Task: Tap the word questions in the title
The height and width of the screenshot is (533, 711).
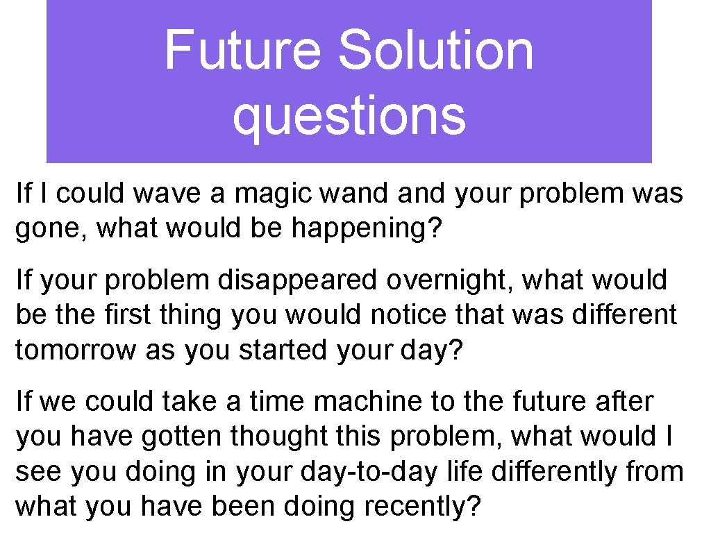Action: [349, 115]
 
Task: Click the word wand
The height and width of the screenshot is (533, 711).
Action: [354, 194]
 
